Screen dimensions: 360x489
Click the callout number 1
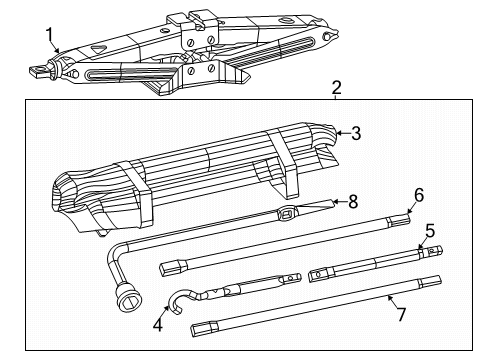pyautogui.click(x=49, y=36)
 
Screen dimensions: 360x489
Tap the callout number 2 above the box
pyautogui.click(x=337, y=88)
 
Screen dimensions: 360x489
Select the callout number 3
pyautogui.click(x=354, y=131)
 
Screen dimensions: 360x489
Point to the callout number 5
pyautogui.click(x=429, y=230)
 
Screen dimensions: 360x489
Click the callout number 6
pyautogui.click(x=419, y=194)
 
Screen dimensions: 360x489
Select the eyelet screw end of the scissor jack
pyautogui.click(x=40, y=70)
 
